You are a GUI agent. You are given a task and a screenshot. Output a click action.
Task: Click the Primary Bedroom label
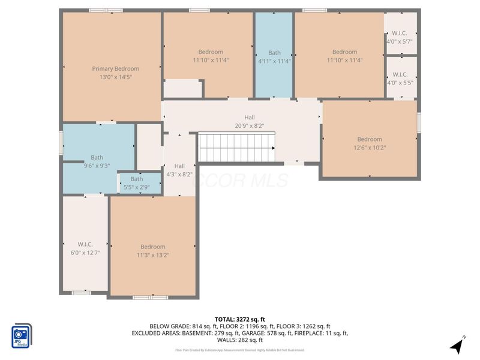tap(115, 68)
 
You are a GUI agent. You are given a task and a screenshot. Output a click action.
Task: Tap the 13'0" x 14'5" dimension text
tap(115, 77)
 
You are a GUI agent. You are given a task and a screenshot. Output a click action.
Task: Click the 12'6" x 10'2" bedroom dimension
tap(370, 148)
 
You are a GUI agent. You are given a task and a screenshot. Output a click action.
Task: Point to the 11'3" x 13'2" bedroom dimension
tap(153, 255)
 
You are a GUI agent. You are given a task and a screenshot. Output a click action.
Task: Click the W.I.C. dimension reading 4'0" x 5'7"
tap(400, 41)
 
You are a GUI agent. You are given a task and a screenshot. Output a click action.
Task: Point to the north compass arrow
tap(458, 346)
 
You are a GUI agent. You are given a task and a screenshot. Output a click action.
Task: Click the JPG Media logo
tap(22, 334)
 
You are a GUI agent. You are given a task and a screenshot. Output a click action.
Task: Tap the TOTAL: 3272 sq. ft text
tap(240, 319)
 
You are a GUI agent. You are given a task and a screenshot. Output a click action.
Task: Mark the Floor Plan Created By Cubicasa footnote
tap(240, 350)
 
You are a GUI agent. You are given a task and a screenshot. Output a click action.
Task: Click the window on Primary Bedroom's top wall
tap(106, 10)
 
